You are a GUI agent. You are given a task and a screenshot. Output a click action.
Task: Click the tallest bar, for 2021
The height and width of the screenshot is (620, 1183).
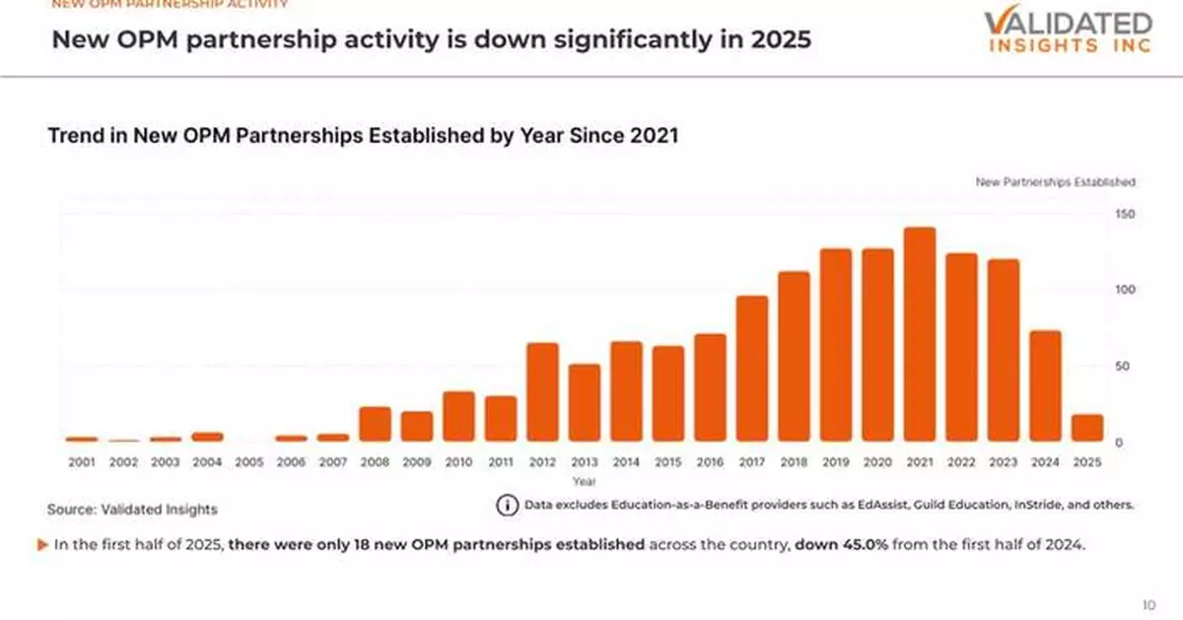pos(919,335)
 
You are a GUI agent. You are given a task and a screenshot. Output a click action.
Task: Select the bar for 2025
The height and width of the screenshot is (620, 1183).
pos(1086,428)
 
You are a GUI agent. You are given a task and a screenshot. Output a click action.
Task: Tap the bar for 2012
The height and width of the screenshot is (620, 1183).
pos(542,392)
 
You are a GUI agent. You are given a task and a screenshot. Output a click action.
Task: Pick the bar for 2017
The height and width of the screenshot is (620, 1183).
pos(751,369)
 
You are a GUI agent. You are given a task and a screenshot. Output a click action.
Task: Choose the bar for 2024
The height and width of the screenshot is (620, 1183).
pos(1045,386)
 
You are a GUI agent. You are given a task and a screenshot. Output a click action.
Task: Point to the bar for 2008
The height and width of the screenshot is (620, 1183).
pos(375,424)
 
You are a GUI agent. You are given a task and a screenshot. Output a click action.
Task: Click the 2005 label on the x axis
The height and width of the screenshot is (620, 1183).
pos(249,461)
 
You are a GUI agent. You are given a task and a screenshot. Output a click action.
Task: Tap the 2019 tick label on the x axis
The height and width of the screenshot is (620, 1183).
pos(835,461)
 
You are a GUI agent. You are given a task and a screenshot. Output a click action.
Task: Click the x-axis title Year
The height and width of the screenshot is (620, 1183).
pos(585,481)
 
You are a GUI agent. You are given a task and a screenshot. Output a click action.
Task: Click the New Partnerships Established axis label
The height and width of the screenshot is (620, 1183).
pos(1055,182)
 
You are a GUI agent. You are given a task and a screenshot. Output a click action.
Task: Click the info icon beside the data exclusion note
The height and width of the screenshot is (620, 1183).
pos(507,505)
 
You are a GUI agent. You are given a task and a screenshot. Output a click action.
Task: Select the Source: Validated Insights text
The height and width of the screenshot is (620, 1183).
pos(132,510)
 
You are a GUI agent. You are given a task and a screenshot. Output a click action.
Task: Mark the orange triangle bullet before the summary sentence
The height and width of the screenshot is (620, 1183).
pos(42,544)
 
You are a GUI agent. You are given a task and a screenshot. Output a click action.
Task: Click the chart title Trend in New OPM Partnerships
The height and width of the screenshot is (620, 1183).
pos(363,137)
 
